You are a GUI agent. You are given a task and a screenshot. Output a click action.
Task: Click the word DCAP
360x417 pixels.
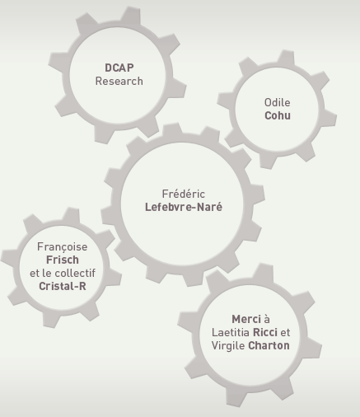[119, 68]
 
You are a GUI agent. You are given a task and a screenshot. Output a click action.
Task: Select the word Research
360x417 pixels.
[119, 81]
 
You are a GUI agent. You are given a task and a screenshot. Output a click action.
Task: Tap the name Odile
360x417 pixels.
[278, 102]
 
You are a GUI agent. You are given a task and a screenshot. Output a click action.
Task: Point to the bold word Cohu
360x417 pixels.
[278, 115]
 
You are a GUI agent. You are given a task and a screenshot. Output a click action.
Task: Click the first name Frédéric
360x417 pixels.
[184, 194]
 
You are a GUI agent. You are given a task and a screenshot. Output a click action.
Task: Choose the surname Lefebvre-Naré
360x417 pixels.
[184, 207]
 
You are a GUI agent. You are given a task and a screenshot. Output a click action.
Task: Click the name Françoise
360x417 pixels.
[63, 246]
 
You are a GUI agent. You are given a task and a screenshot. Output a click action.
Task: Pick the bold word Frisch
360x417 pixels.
[63, 260]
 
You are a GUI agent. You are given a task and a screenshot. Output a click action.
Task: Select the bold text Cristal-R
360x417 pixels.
[63, 286]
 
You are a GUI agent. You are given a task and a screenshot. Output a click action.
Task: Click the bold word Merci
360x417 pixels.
[246, 319]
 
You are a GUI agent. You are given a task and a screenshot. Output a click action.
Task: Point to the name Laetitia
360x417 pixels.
[231, 332]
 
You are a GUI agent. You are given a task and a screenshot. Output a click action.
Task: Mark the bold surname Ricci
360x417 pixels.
[265, 332]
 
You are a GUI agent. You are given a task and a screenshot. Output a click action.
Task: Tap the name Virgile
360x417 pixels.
[228, 345]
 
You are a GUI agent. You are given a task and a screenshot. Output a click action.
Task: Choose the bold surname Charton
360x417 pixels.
[269, 345]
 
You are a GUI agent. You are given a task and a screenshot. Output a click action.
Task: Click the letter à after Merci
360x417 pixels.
[267, 319]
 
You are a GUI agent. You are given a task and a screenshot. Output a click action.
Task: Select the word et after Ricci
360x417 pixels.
[285, 332]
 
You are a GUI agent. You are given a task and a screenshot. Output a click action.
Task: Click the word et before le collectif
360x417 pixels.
[35, 274]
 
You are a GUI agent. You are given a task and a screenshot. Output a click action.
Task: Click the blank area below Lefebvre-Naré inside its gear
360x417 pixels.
[183, 239]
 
